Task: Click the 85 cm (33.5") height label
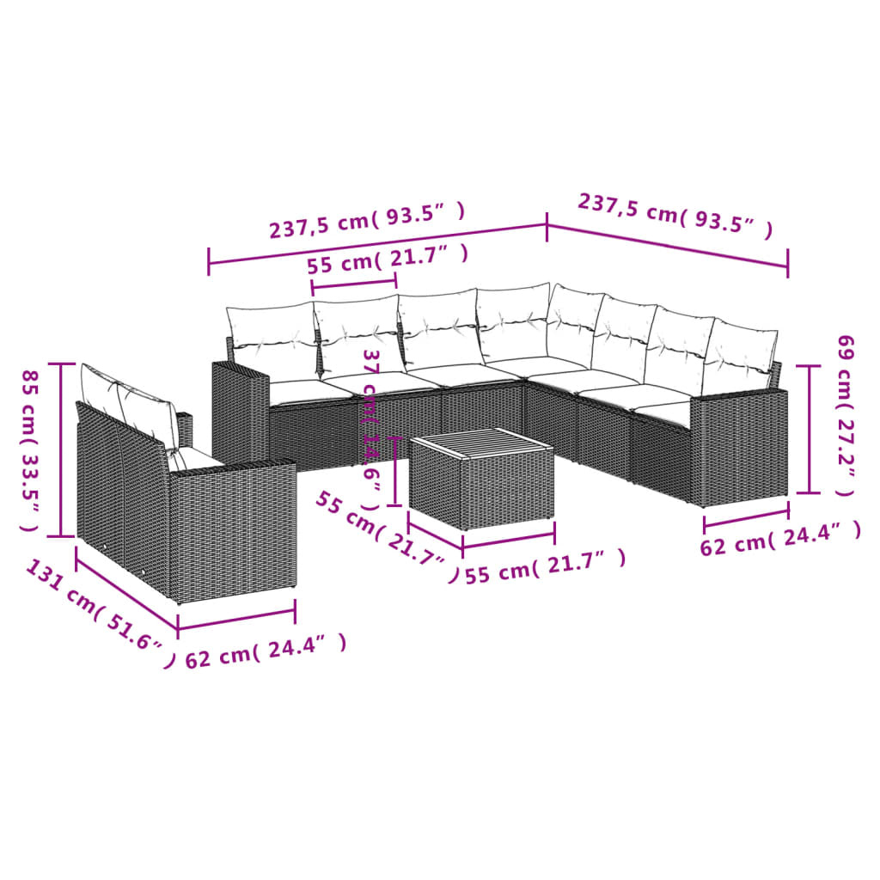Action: (x=29, y=449)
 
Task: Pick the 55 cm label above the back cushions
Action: (x=388, y=259)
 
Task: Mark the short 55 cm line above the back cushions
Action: (x=354, y=281)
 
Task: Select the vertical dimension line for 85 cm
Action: (x=61, y=449)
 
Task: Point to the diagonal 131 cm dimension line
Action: (x=126, y=592)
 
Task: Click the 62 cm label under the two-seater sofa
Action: (x=266, y=651)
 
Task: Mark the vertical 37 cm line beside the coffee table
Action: (x=394, y=471)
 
